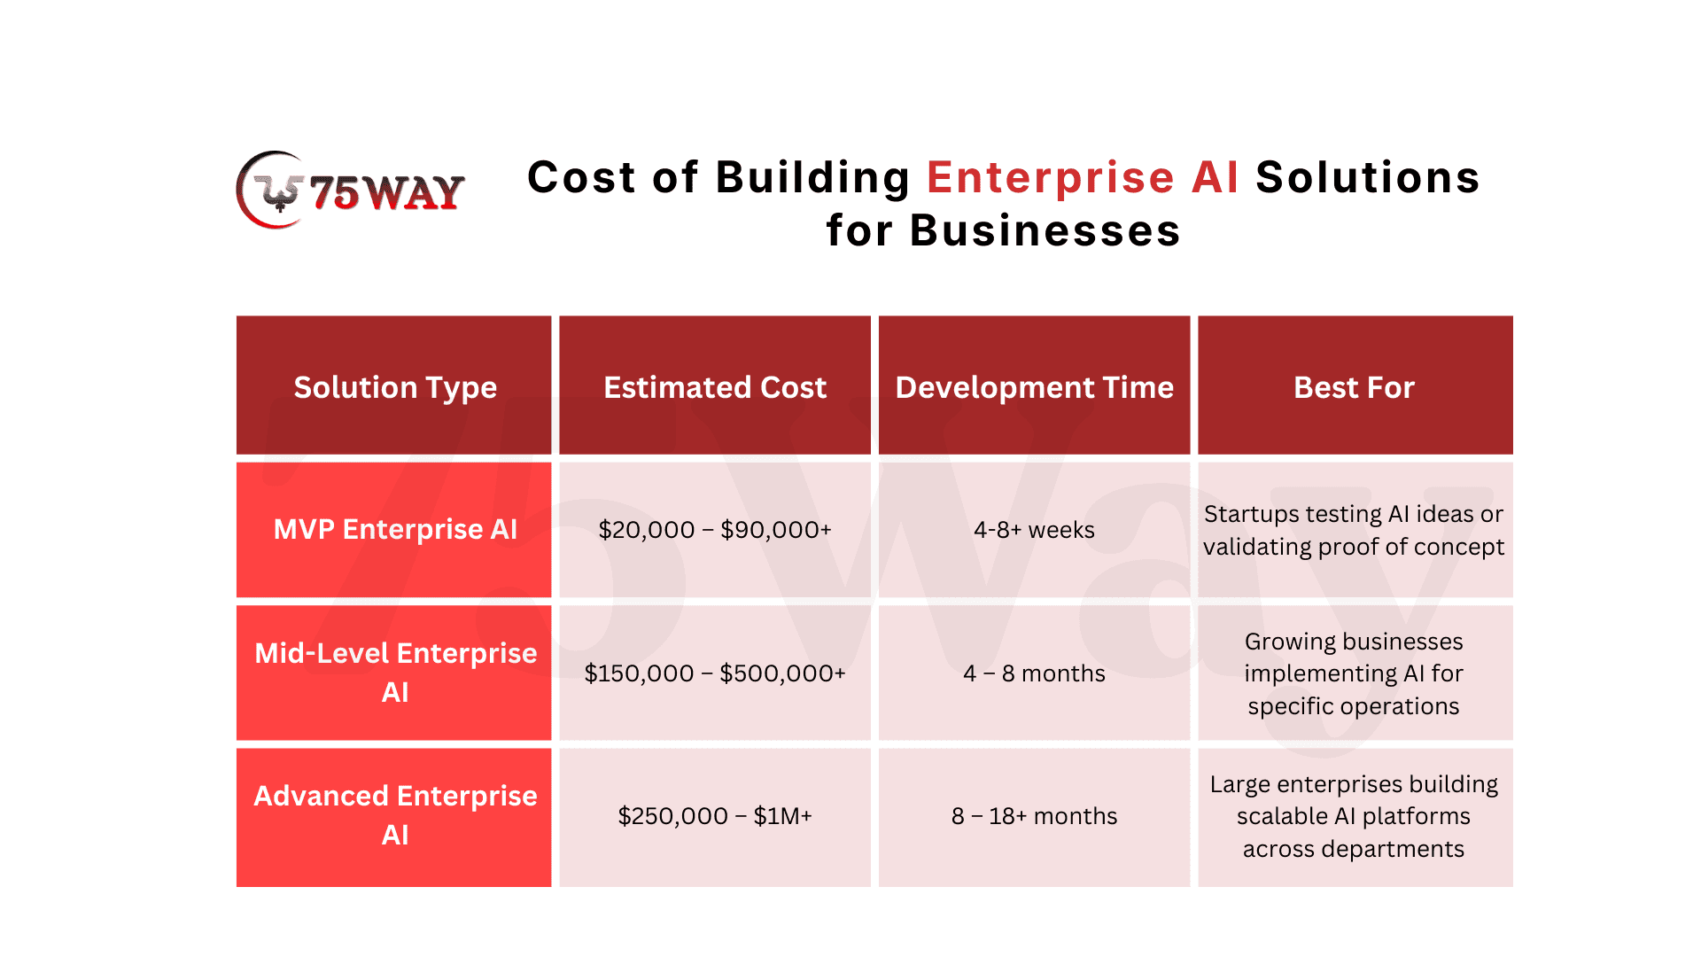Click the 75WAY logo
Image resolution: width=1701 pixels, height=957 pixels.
pyautogui.click(x=351, y=190)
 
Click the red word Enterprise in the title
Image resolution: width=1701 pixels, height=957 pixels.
pyautogui.click(x=1051, y=177)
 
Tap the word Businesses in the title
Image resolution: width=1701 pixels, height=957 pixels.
pyautogui.click(x=1045, y=230)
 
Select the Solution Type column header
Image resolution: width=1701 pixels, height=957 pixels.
pyautogui.click(x=394, y=385)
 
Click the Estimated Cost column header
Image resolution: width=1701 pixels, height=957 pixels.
pyautogui.click(x=715, y=385)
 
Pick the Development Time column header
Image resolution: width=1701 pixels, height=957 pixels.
pyautogui.click(x=1034, y=385)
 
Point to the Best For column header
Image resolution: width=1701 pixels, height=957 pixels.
pyautogui.click(x=1355, y=385)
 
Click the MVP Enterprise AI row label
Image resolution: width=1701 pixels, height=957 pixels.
pyautogui.click(x=394, y=530)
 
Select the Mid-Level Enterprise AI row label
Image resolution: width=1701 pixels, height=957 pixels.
pyautogui.click(x=394, y=673)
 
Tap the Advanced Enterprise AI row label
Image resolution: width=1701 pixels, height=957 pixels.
pyautogui.click(x=394, y=817)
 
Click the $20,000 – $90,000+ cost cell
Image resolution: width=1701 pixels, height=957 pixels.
pyautogui.click(x=715, y=530)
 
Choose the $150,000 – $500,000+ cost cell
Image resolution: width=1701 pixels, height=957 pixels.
pyautogui.click(x=715, y=673)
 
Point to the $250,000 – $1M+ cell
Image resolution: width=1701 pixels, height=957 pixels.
pyautogui.click(x=715, y=817)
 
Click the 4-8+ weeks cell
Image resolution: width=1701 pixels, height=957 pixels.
pyautogui.click(x=1034, y=530)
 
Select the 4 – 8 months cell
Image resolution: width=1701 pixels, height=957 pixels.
pyautogui.click(x=1034, y=673)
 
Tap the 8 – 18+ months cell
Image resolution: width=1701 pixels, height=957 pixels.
pyautogui.click(x=1034, y=817)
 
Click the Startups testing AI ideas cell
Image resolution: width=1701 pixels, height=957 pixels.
pyautogui.click(x=1355, y=530)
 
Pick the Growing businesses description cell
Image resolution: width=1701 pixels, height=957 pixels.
pyautogui.click(x=1355, y=673)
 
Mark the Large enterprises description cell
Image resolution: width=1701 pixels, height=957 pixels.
pyautogui.click(x=1355, y=817)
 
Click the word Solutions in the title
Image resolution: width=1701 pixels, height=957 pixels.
pyautogui.click(x=1368, y=177)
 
